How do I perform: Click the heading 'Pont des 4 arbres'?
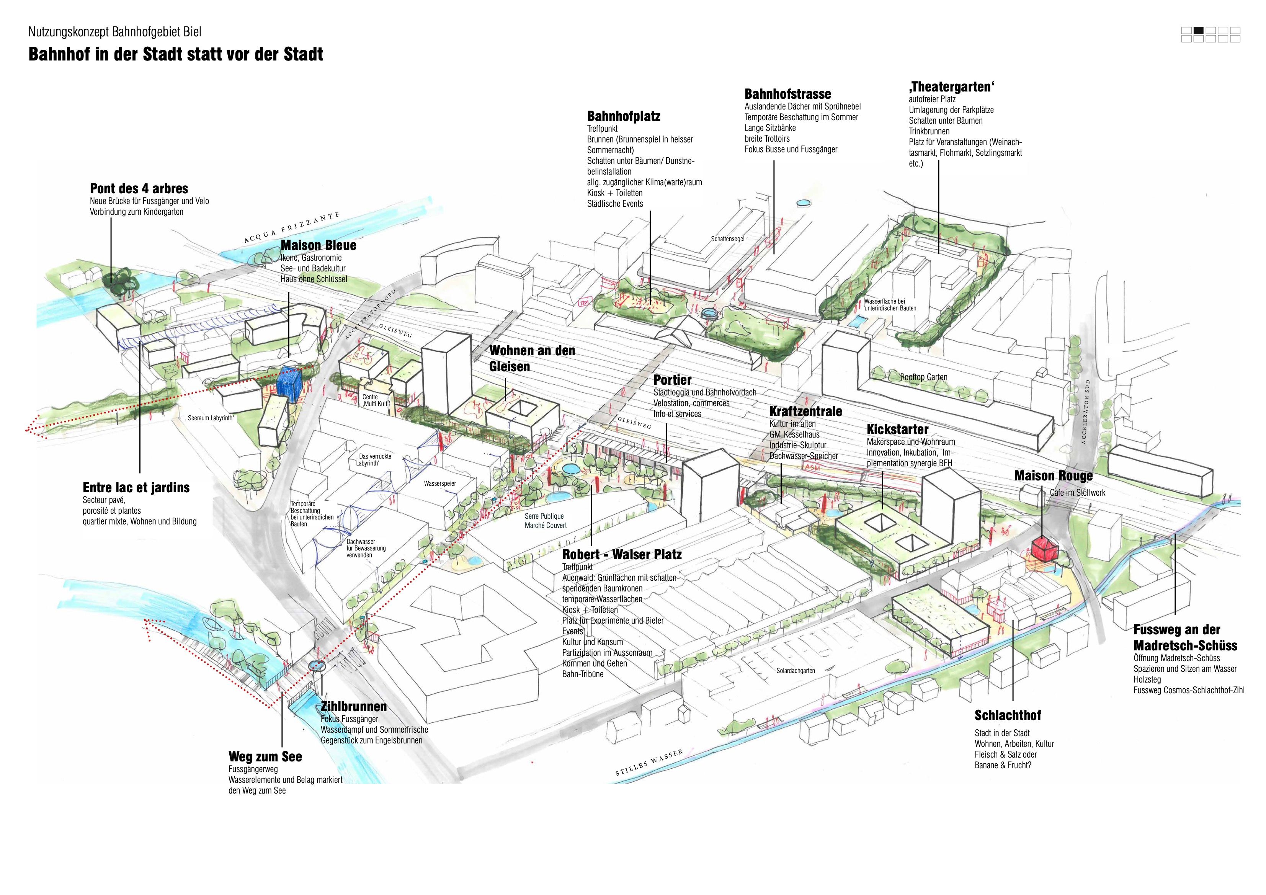tap(139, 189)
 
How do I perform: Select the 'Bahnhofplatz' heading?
tap(623, 116)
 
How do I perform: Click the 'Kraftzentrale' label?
tap(805, 412)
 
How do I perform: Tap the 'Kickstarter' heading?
tap(897, 430)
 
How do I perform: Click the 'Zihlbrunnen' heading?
tap(353, 706)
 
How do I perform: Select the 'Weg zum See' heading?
tap(265, 756)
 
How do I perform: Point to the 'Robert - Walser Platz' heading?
tap(621, 555)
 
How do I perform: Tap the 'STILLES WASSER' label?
tap(649, 763)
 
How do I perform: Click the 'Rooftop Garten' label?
tap(924, 377)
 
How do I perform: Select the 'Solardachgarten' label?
tap(795, 671)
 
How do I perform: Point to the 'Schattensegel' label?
tap(727, 239)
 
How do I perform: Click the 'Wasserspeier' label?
tap(439, 483)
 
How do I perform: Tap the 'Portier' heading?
tap(672, 380)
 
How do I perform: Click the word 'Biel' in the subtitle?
tap(193, 33)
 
